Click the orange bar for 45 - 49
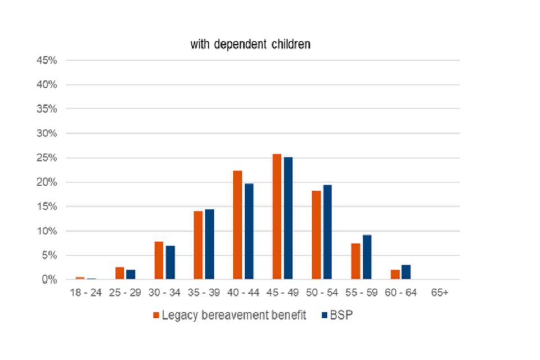277,217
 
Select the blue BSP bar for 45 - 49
288,218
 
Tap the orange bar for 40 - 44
237,225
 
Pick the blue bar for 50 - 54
327,232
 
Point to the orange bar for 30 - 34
159,260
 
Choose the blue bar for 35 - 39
209,244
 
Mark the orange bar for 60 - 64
395,274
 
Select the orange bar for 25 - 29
119,273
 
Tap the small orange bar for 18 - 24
80,278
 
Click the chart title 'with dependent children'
250,44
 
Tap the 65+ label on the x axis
439,292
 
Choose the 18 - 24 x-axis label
85,292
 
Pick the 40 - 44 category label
242,292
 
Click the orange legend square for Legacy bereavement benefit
156,315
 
